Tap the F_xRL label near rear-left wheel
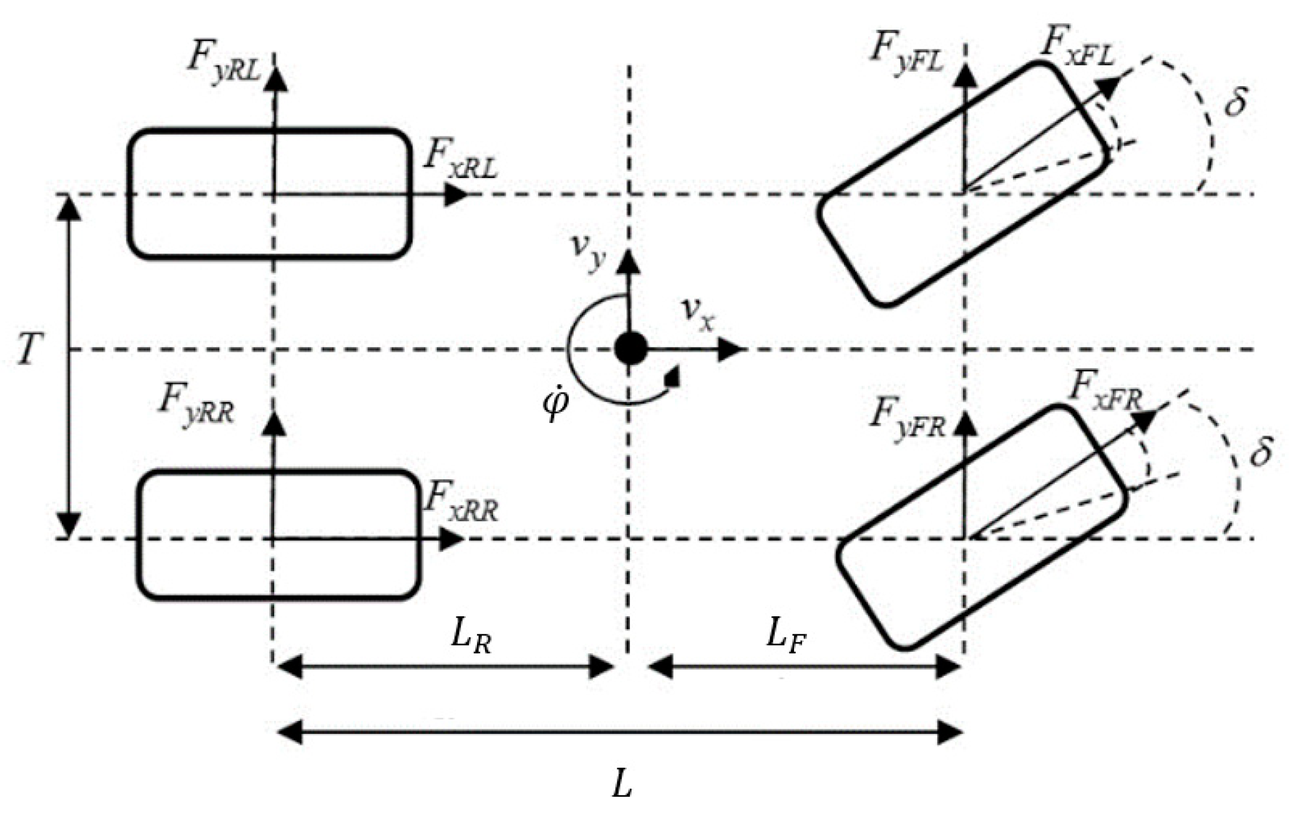(x=461, y=160)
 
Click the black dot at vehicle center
(x=630, y=348)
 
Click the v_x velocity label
(x=698, y=313)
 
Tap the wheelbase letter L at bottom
(x=621, y=785)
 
